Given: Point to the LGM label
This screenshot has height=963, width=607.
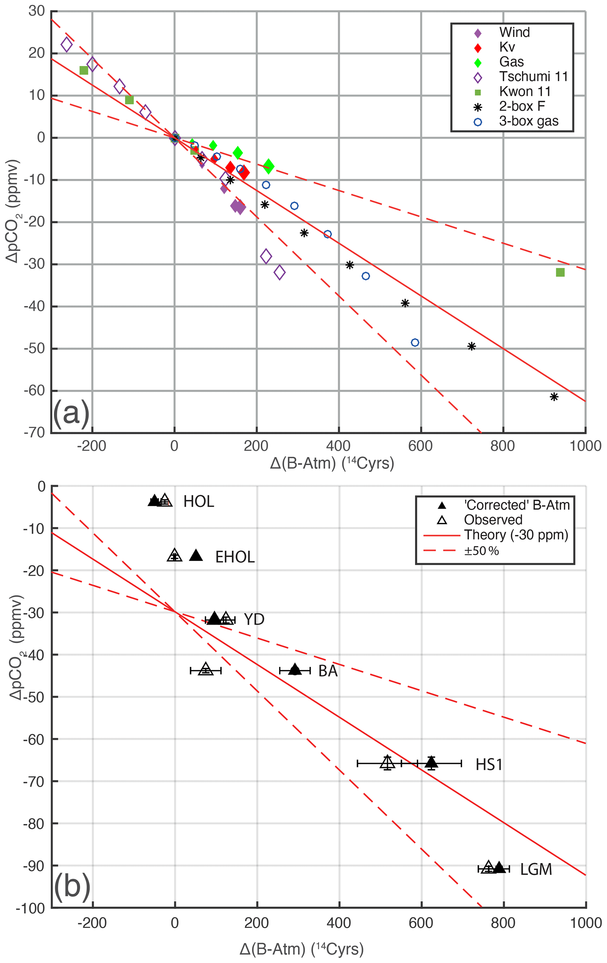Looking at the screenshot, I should coord(536,869).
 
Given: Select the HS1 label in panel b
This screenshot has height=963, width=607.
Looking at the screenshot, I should coord(489,765).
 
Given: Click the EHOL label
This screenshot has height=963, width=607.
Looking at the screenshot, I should coord(235,557).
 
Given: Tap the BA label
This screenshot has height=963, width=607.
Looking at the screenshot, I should coord(328,671).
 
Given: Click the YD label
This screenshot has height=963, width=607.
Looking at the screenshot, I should coord(254,620).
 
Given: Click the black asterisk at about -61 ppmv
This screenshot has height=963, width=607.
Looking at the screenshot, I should coord(554,397).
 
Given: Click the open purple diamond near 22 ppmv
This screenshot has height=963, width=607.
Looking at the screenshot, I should coord(66,45).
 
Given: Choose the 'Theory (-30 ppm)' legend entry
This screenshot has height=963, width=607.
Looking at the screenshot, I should coord(516,535).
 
